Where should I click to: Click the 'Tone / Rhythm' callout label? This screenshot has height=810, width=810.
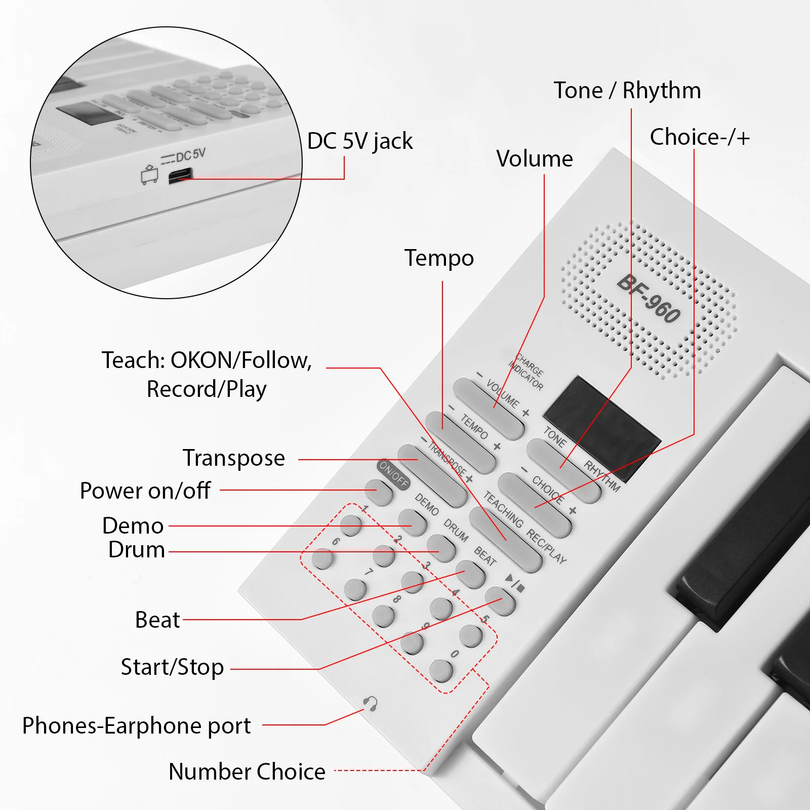click(627, 91)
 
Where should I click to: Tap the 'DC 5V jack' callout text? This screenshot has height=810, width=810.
click(360, 141)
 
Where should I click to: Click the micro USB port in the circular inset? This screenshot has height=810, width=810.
click(180, 176)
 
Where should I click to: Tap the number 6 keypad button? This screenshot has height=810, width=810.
click(322, 558)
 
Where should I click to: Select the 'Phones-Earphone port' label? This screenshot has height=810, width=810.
click(136, 725)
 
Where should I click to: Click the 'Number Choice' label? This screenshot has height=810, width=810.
click(247, 772)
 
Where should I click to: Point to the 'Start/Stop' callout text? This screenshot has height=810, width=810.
click(172, 667)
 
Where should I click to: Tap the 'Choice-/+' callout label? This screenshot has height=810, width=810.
click(700, 137)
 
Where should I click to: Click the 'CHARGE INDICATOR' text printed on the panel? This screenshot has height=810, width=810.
click(527, 372)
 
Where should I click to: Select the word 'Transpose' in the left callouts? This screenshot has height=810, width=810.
click(234, 458)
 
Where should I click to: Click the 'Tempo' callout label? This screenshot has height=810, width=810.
click(439, 258)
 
